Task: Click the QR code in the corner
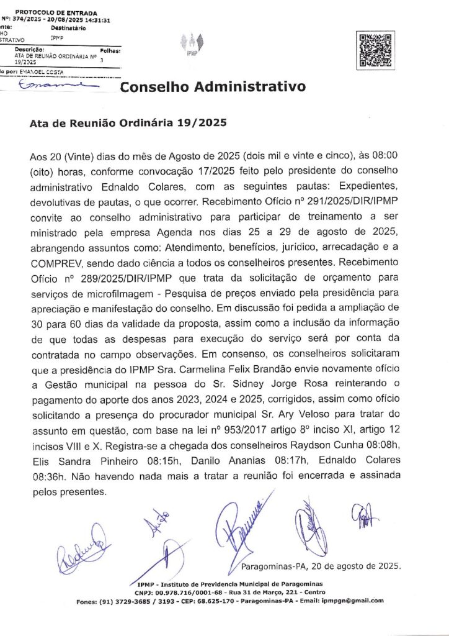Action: coord(376,49)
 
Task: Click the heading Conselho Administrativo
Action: coord(213,87)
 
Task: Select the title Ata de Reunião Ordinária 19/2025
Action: coord(128,123)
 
